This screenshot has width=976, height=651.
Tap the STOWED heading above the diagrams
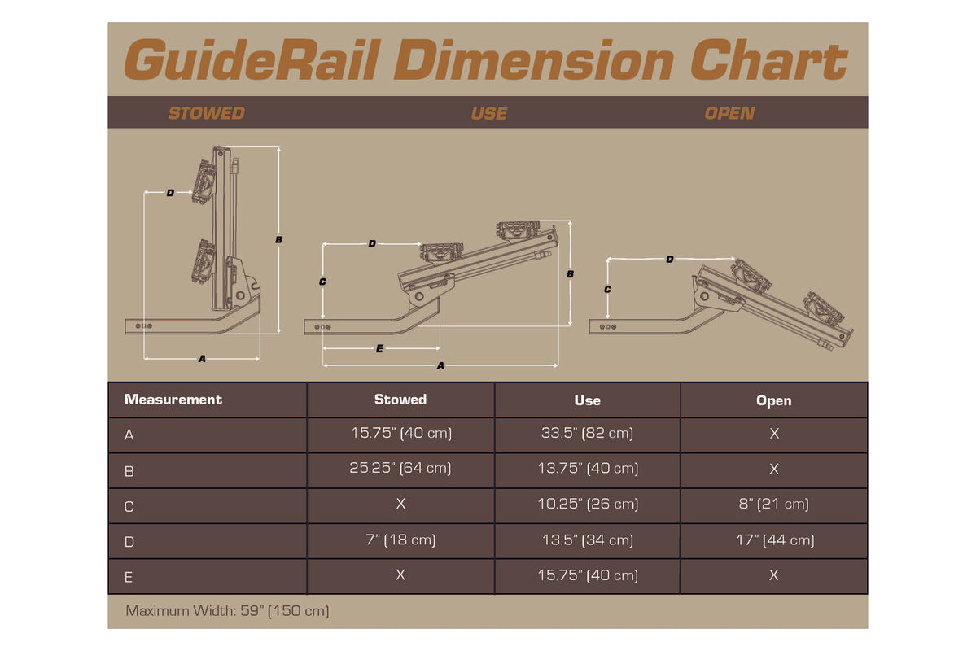click(206, 113)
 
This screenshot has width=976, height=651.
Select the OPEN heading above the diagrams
click(729, 113)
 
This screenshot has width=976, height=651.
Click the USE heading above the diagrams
click(488, 113)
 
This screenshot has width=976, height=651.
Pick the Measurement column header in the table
click(173, 400)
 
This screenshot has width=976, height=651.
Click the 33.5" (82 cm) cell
click(587, 434)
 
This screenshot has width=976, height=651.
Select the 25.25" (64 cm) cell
click(400, 469)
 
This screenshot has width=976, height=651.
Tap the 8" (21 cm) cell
click(773, 505)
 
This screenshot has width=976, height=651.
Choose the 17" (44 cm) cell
click(773, 540)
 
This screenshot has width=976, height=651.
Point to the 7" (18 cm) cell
click(400, 540)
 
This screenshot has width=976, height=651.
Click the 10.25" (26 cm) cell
click(587, 505)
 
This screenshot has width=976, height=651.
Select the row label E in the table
click(129, 577)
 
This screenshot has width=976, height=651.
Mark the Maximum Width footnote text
click(227, 610)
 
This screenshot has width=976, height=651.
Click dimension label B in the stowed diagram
click(278, 240)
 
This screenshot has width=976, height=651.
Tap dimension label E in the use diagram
click(379, 348)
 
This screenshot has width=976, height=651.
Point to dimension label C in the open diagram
click(607, 289)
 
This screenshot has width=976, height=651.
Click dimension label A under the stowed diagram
click(202, 359)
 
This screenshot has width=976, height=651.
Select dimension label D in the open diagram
click(670, 260)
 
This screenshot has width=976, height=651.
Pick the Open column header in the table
click(773, 400)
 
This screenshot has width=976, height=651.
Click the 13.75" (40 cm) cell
click(587, 469)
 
